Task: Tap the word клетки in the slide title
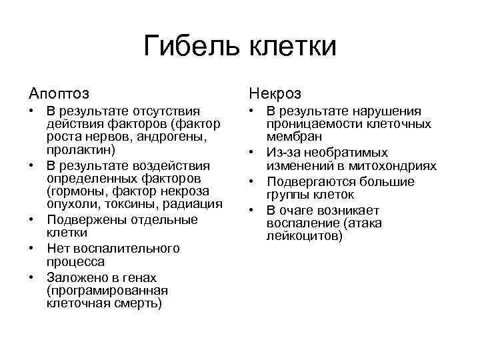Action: (293, 47)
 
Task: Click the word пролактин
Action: (79, 151)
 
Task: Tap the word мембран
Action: (291, 137)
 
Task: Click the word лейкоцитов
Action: (303, 237)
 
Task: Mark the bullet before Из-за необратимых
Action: (252, 153)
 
